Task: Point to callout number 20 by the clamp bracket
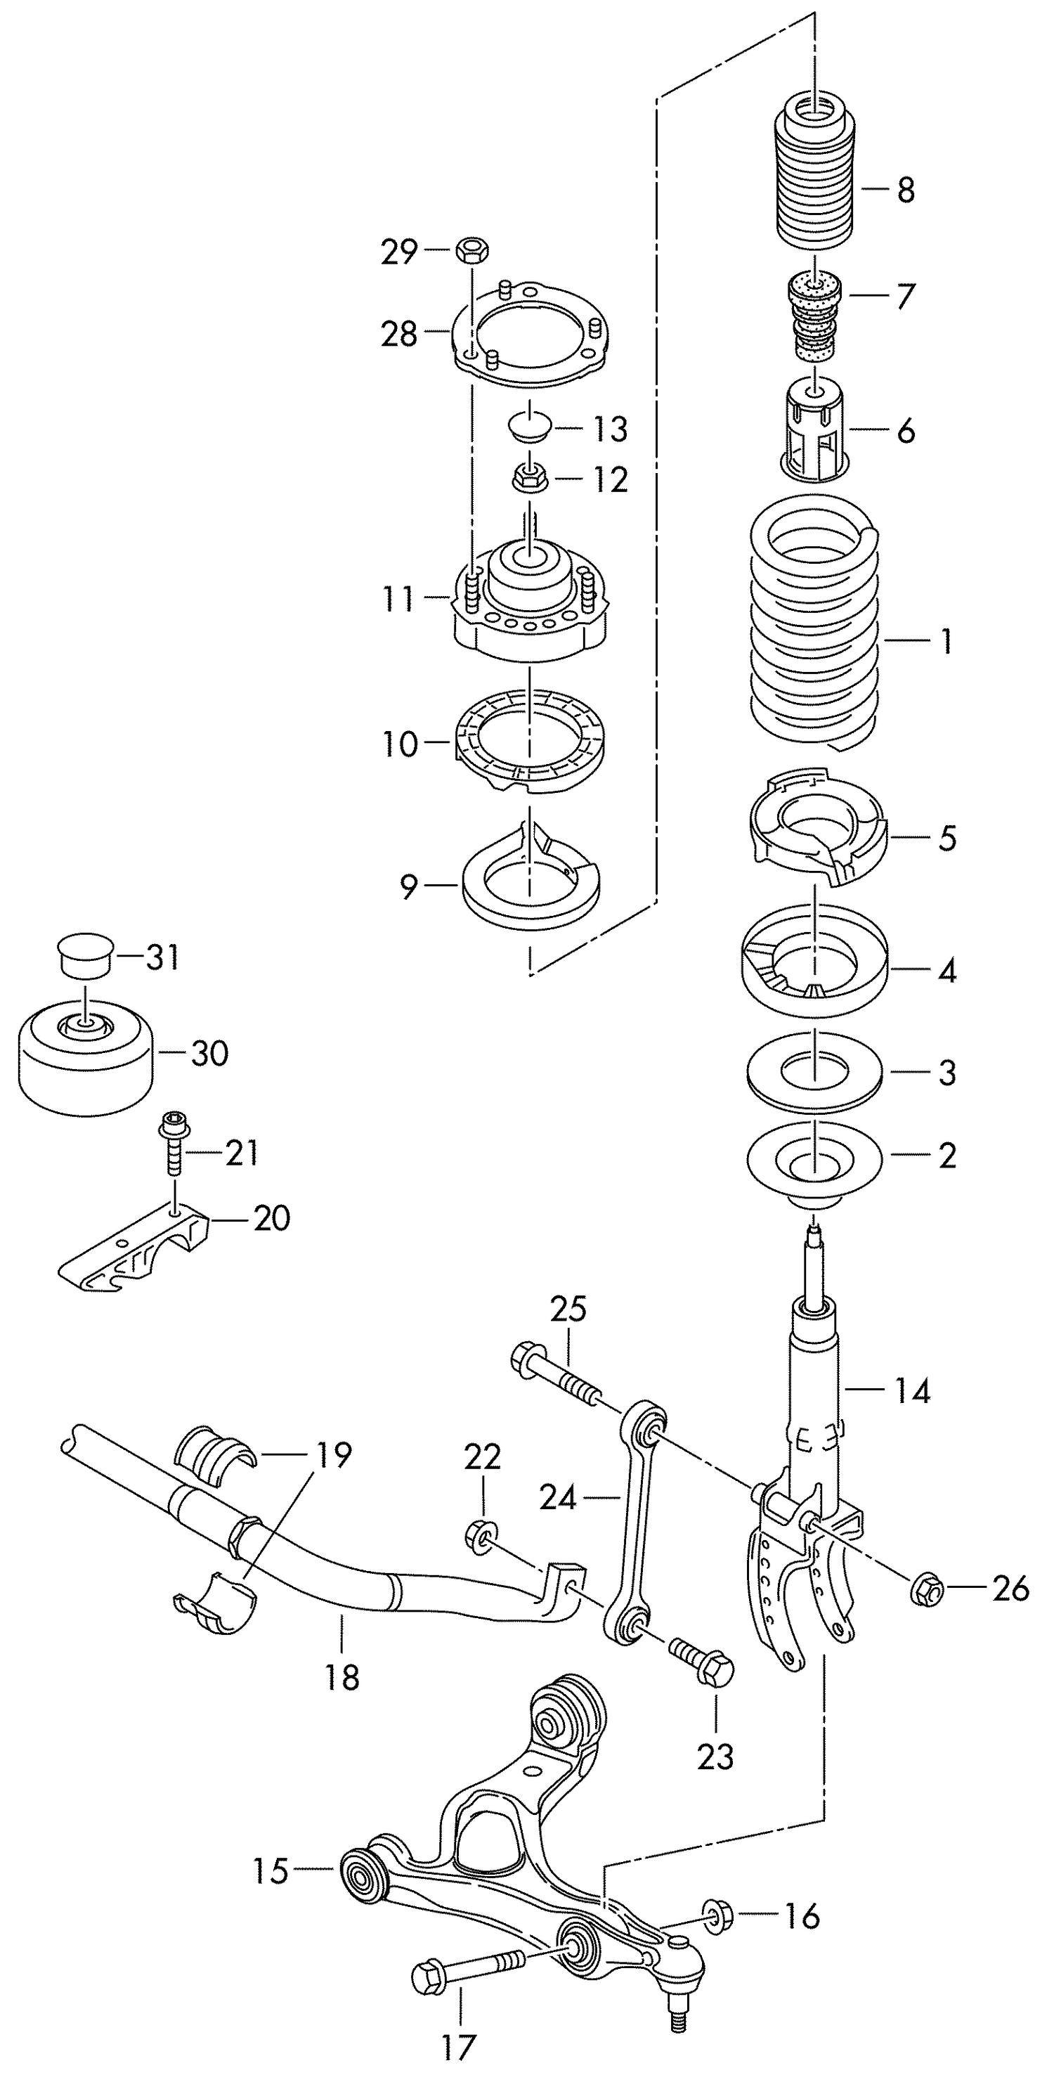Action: [271, 1219]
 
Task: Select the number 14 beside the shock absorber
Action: [912, 1391]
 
